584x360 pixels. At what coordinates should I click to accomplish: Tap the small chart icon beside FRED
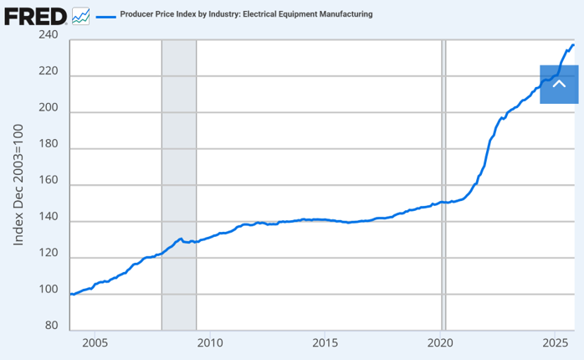(x=81, y=15)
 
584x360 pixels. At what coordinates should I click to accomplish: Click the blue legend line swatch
(x=105, y=15)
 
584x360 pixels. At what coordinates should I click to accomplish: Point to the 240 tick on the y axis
(x=48, y=36)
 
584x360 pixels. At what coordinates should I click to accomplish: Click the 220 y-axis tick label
(x=48, y=72)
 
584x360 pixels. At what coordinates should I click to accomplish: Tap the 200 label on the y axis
(x=48, y=109)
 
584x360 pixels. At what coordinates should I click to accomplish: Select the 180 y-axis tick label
(x=48, y=146)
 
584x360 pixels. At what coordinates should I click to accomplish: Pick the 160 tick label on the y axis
(x=48, y=182)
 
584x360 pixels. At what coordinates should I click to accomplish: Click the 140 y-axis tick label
(x=48, y=219)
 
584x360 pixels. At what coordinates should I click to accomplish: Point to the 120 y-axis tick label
(x=48, y=255)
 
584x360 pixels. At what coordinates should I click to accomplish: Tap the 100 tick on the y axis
(x=48, y=291)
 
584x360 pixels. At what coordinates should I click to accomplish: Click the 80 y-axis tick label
(x=51, y=327)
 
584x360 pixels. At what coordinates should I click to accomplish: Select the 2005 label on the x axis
(x=95, y=342)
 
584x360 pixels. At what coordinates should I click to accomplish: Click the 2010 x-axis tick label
(x=210, y=342)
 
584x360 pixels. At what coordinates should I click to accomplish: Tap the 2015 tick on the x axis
(x=325, y=342)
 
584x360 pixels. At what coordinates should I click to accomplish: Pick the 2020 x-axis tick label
(x=441, y=342)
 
